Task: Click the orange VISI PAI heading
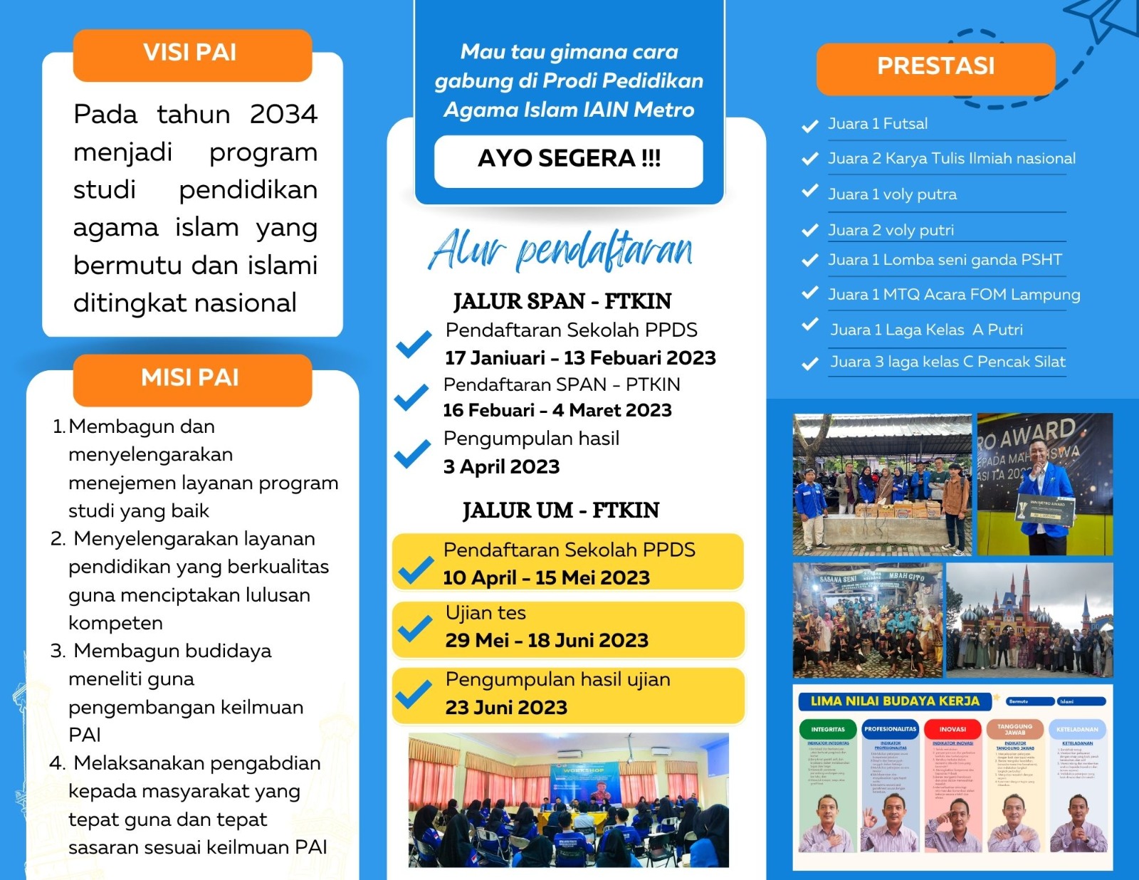click(x=191, y=53)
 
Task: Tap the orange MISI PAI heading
click(x=191, y=378)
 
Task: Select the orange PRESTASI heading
click(x=935, y=66)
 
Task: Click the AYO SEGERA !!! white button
click(x=569, y=159)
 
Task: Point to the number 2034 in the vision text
click(x=283, y=114)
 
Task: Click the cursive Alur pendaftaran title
click(x=560, y=251)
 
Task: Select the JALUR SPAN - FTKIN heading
click(x=562, y=302)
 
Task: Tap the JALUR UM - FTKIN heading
click(x=561, y=510)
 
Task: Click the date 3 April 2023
click(x=501, y=467)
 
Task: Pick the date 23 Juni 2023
click(x=506, y=708)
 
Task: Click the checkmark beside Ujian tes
click(x=415, y=628)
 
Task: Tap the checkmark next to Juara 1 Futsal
click(x=809, y=126)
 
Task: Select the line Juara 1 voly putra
click(x=892, y=194)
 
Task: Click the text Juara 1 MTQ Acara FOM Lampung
click(x=954, y=295)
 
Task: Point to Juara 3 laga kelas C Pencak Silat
click(x=948, y=362)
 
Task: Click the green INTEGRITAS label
click(x=828, y=730)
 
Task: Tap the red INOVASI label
click(x=952, y=730)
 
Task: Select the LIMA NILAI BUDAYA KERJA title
click(x=895, y=701)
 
